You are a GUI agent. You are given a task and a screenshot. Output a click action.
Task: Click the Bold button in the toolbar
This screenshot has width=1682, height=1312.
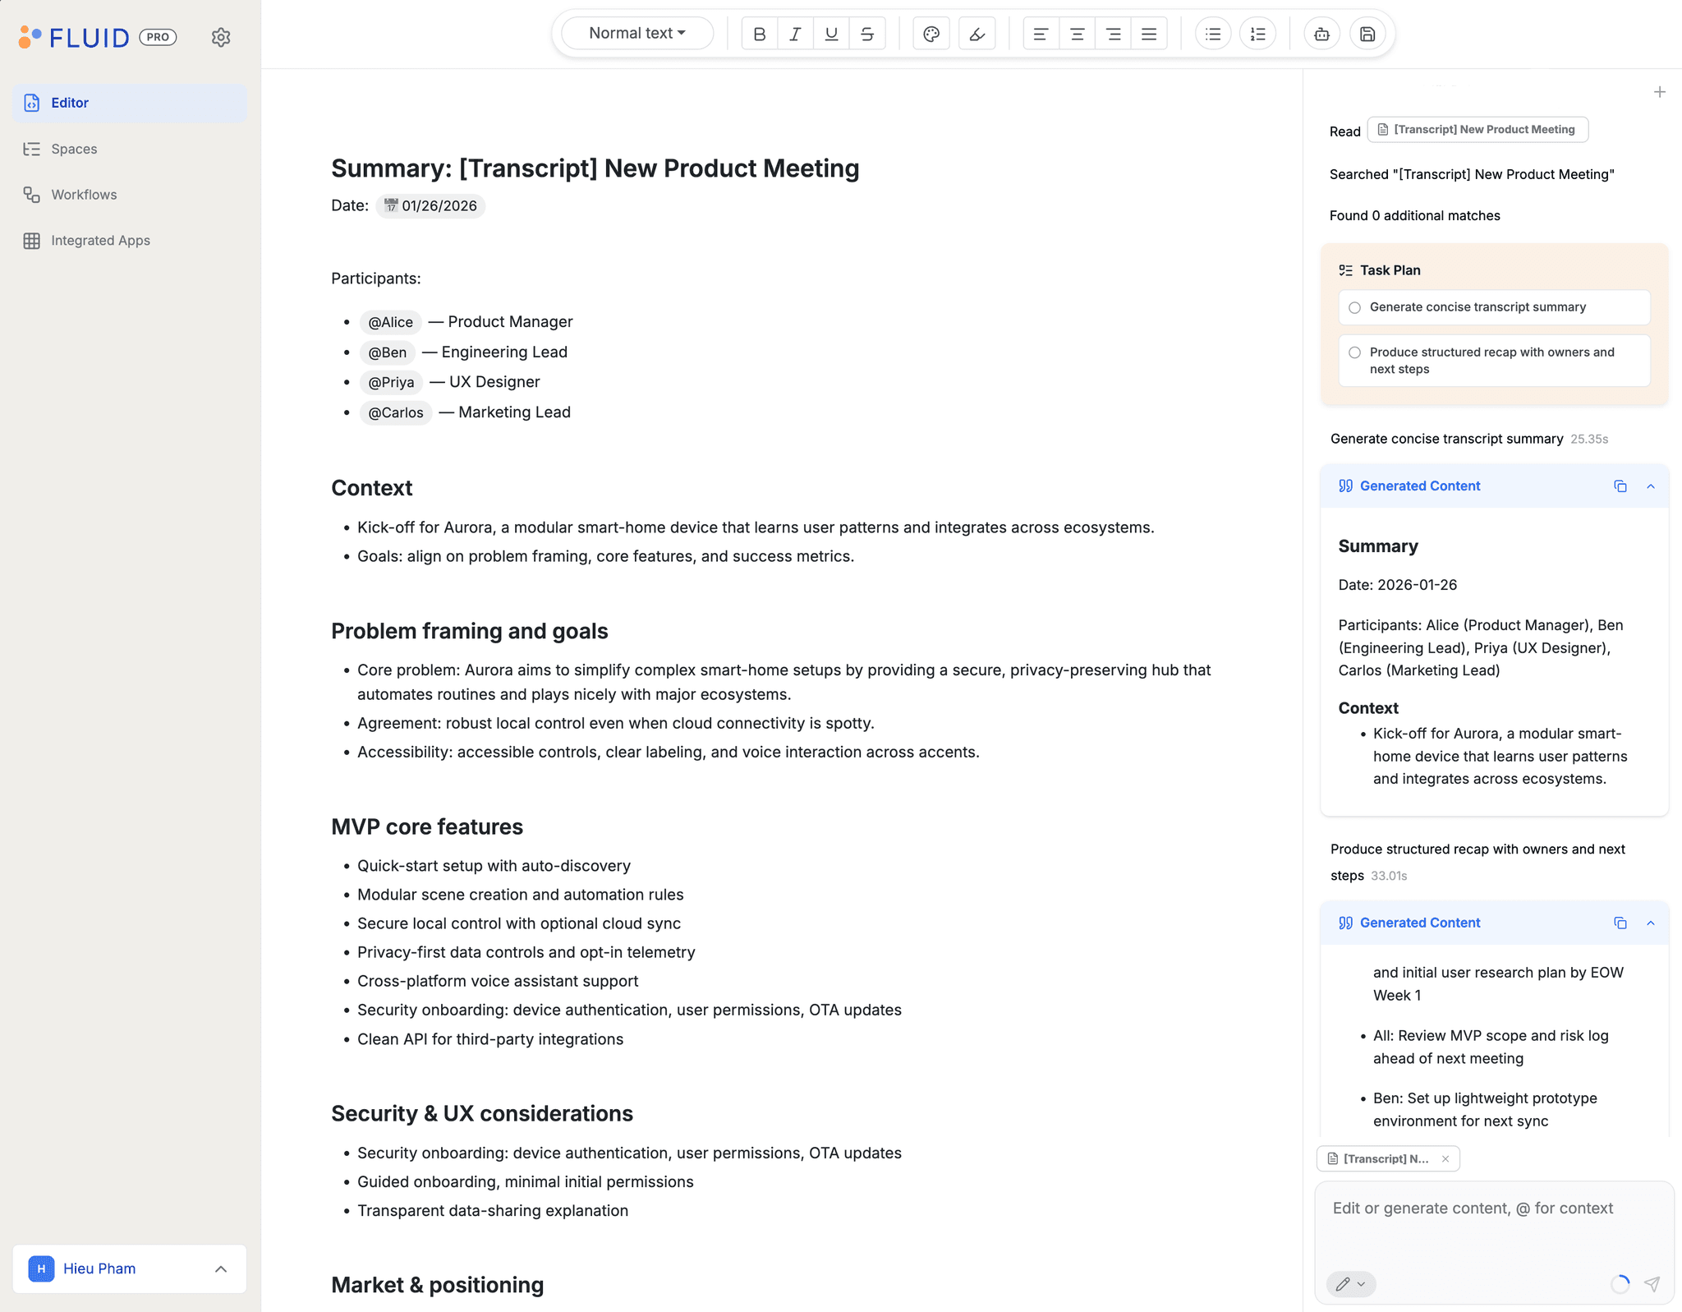(x=759, y=34)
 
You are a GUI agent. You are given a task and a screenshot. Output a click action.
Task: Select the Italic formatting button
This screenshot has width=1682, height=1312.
(x=795, y=34)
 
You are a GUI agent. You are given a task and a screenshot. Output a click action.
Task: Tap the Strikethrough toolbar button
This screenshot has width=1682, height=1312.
(x=867, y=34)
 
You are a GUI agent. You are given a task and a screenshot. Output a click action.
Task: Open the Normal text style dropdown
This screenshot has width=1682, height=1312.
(x=636, y=34)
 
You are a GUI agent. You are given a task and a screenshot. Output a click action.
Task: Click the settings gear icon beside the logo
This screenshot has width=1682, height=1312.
(x=221, y=37)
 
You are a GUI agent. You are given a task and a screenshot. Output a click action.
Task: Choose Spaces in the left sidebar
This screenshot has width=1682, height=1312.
(x=74, y=149)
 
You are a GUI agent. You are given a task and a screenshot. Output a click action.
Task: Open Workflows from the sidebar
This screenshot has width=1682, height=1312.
(x=84, y=195)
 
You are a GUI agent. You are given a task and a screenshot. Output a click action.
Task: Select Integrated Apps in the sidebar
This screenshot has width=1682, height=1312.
(x=100, y=241)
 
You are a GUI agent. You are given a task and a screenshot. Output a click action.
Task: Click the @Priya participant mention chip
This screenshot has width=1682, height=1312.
(x=391, y=382)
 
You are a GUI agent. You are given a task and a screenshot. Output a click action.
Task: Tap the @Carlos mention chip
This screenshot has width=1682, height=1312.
(x=396, y=412)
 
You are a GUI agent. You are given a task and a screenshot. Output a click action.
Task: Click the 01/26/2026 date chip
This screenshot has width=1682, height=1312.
(x=431, y=205)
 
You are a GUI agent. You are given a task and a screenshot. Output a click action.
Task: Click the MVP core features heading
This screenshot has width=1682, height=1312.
(x=427, y=826)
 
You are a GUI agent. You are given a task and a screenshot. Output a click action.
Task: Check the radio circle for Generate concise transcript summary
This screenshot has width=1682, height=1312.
(x=1355, y=307)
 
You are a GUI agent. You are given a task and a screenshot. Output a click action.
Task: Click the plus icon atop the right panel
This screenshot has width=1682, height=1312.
(x=1659, y=92)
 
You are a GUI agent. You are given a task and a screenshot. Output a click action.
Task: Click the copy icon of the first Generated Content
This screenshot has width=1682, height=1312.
(x=1620, y=486)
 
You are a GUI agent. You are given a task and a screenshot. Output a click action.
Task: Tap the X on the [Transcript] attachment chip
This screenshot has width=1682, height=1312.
(x=1445, y=1158)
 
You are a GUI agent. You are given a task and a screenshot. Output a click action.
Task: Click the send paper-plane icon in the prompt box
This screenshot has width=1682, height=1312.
(x=1652, y=1283)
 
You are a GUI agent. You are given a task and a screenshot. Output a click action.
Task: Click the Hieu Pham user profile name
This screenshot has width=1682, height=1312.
(x=99, y=1268)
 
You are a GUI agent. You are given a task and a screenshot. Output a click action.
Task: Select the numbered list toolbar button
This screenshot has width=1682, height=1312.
(x=1257, y=34)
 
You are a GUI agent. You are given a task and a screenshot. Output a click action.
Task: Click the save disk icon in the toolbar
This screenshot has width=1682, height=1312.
(x=1367, y=34)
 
